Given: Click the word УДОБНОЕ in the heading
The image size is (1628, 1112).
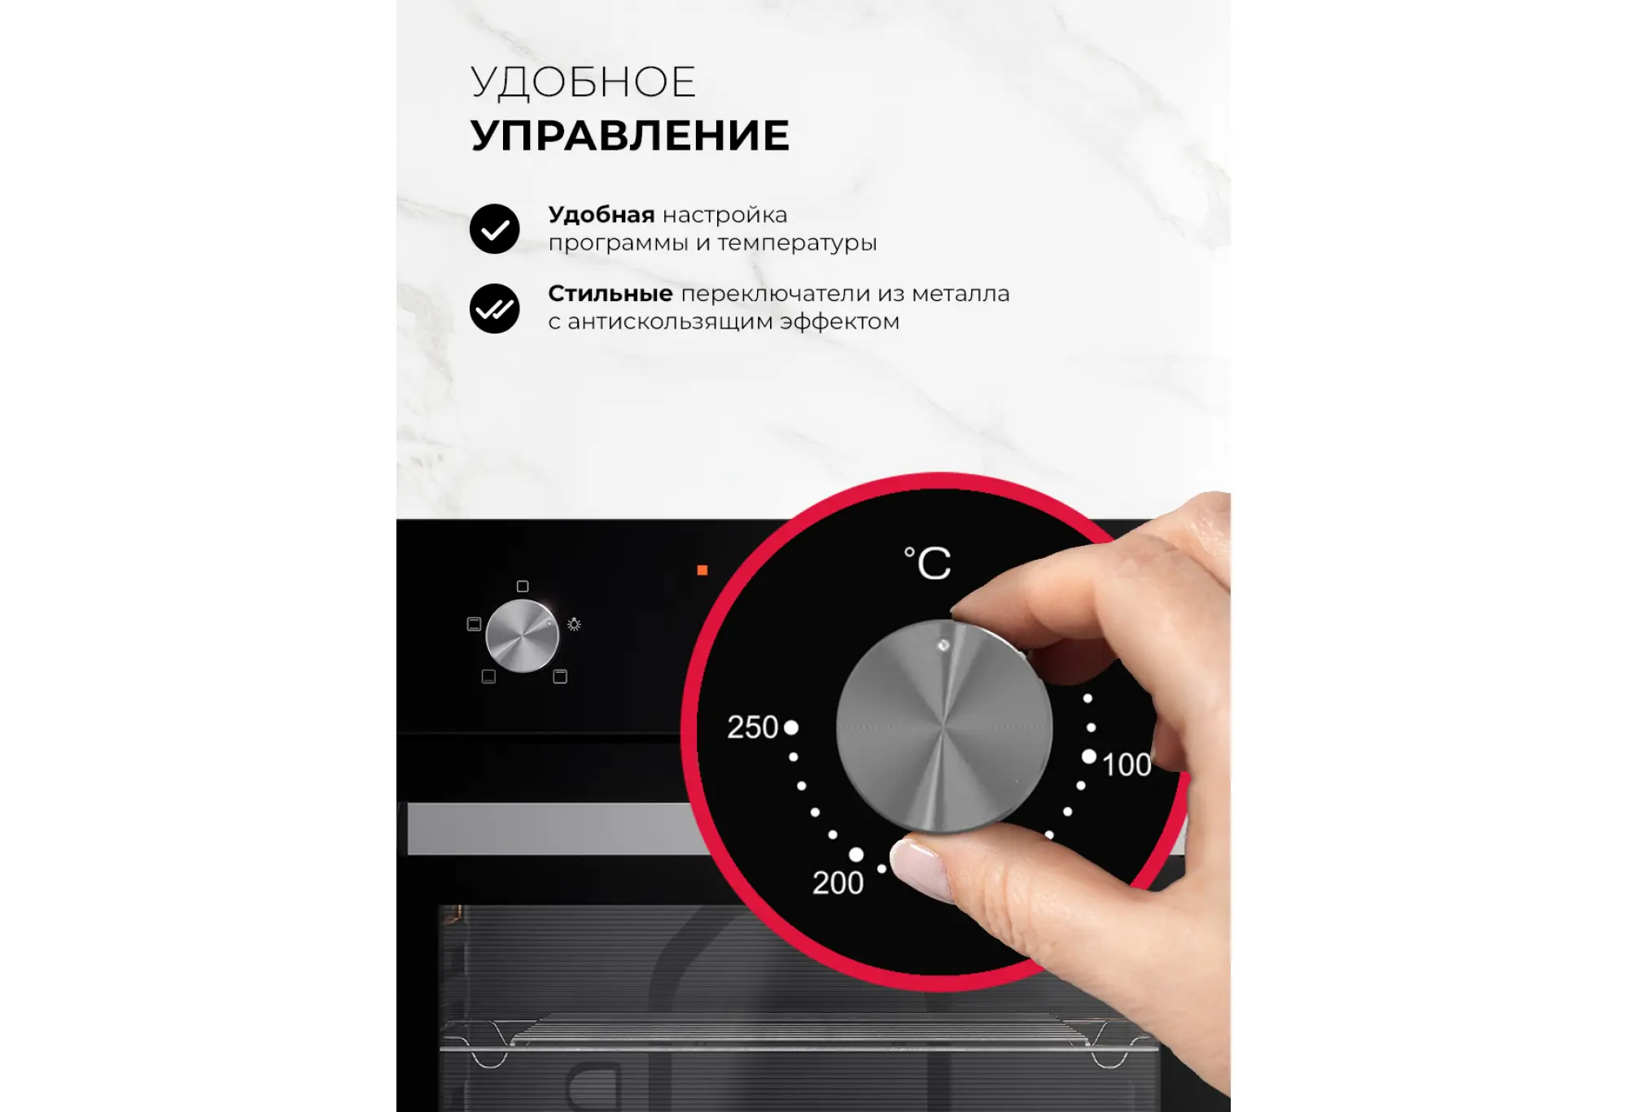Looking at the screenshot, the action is click(583, 83).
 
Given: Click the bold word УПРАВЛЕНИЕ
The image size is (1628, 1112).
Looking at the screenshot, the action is click(630, 135).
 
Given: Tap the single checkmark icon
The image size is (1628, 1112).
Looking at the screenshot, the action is click(494, 229).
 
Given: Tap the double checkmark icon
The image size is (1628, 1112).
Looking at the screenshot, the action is click(494, 308).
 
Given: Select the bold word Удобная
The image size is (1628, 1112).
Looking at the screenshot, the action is click(602, 216).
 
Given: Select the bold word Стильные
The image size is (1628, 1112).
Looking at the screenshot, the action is click(610, 293).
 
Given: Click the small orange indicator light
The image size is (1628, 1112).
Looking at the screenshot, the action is click(702, 570).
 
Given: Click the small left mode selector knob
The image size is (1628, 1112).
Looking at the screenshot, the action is click(522, 636).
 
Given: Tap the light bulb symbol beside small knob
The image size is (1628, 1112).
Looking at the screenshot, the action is click(574, 624).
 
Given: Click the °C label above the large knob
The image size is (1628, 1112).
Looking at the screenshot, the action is click(928, 563).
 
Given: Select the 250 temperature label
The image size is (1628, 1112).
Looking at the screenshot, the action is click(752, 727).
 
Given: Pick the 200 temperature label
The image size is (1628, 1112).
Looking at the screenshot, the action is click(838, 883).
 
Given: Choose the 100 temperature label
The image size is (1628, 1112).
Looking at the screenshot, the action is click(1127, 765).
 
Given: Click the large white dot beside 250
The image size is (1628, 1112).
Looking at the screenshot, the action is click(790, 727).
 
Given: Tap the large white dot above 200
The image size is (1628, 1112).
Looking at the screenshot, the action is click(856, 854).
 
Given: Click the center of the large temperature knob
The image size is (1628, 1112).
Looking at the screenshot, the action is click(944, 726).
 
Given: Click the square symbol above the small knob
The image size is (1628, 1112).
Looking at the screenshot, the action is click(523, 587).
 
